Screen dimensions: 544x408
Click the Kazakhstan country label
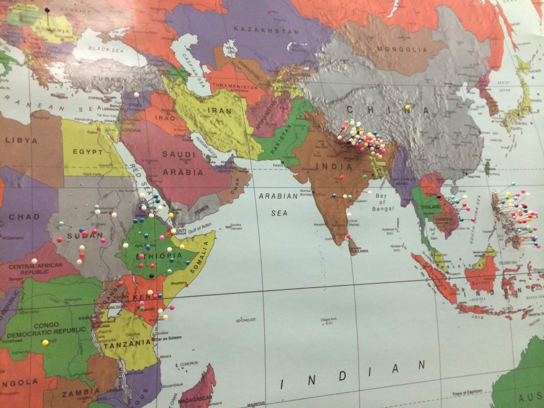266,30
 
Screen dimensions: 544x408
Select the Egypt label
88,152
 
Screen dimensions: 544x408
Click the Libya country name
21,140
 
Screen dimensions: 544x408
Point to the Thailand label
428,206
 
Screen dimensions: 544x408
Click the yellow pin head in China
407,108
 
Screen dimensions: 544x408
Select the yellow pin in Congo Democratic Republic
45,343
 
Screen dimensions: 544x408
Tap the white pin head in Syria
136,94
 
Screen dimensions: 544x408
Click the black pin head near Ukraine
47,10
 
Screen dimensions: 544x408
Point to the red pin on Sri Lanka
348,236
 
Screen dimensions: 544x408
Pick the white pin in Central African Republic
34,261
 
